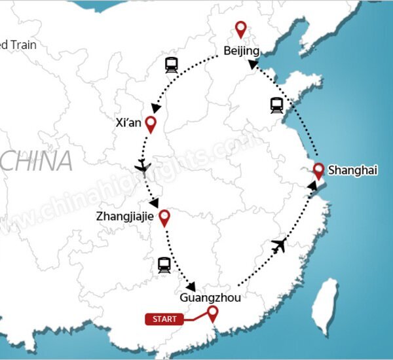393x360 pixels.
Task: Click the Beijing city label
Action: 241,51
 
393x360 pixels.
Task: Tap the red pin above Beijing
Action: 241,29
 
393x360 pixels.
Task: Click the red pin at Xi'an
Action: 151,123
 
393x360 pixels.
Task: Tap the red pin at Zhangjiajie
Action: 164,217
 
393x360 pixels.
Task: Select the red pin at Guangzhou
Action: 212,313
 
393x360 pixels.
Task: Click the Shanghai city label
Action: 352,170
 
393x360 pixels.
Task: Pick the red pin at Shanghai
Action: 319,170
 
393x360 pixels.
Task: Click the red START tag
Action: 164,319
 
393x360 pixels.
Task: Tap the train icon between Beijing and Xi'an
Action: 172,65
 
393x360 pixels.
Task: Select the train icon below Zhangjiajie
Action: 164,264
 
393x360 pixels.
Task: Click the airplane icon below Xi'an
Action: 142,166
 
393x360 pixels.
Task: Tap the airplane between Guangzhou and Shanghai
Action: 279,246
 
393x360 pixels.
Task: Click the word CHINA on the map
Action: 36,161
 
